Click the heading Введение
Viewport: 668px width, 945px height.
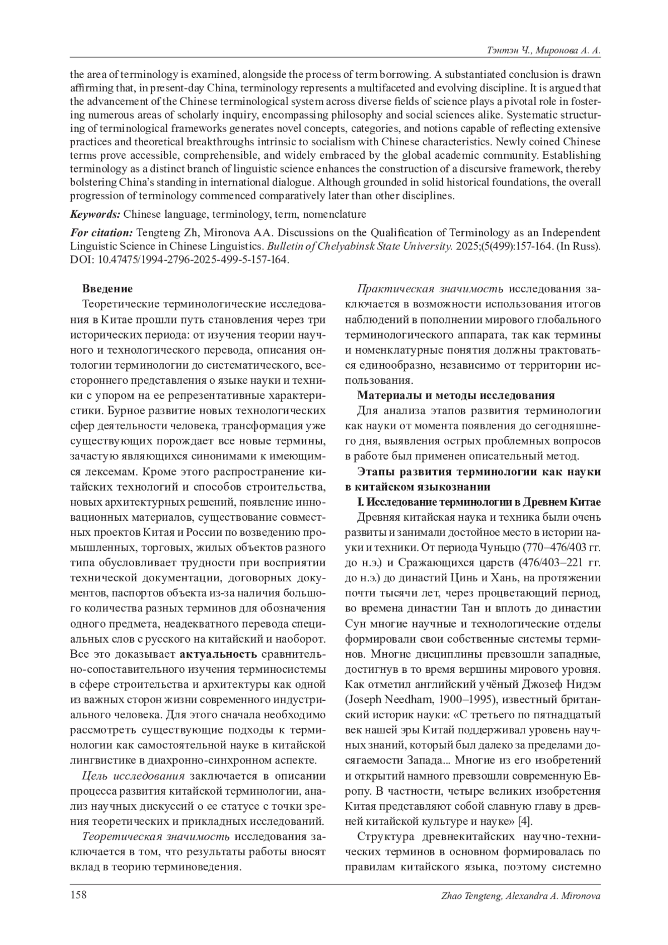107,288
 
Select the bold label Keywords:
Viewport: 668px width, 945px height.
95,214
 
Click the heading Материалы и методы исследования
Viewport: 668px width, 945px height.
456,395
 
